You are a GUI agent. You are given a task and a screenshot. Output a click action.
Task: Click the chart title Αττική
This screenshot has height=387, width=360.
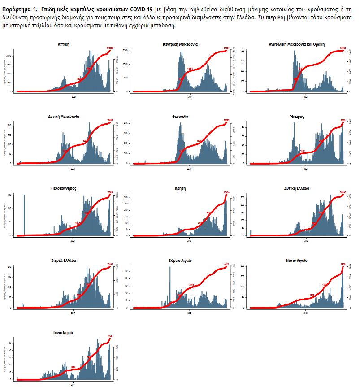pos(63,44)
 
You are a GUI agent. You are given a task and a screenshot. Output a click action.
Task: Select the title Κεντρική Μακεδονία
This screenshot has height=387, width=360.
pos(180,44)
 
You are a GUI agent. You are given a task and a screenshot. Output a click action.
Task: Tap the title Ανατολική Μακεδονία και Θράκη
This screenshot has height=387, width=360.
pos(296,44)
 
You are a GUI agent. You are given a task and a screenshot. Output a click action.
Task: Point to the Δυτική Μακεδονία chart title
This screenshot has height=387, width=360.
pos(63,116)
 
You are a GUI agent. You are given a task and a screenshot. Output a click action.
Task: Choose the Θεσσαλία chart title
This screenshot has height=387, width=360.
pos(180,116)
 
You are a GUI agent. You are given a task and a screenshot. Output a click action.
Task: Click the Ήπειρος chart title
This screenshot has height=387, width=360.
pos(296,116)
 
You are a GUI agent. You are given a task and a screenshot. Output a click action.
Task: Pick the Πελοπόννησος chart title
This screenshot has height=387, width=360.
pos(63,188)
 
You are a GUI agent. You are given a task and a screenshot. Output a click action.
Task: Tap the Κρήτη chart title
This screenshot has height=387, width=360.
pos(180,188)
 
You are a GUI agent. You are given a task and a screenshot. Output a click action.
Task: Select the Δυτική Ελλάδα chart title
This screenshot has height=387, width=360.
pos(296,188)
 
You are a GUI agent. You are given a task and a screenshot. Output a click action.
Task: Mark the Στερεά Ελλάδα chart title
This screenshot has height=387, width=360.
pos(63,260)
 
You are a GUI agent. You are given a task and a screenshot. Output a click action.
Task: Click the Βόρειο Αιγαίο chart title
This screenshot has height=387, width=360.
pos(180,260)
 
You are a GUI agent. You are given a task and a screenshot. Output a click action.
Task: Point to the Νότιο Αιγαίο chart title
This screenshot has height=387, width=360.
pos(296,260)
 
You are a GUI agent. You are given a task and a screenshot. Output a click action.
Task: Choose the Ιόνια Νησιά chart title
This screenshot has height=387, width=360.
pos(63,333)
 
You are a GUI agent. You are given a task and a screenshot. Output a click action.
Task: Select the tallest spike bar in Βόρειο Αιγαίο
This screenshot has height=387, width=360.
pos(170,287)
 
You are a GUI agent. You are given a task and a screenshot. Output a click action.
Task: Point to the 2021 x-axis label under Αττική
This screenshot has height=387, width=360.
pos(73,96)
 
